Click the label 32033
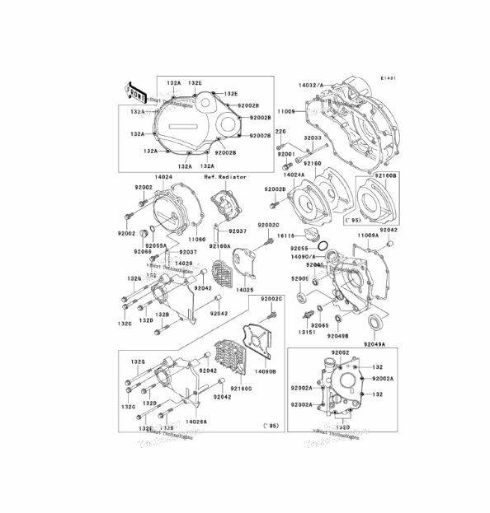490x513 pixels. pyautogui.click(x=313, y=138)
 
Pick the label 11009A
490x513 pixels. pyautogui.click(x=367, y=236)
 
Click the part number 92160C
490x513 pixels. pyautogui.click(x=241, y=389)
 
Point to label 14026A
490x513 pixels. pyautogui.click(x=196, y=420)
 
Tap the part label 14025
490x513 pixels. pyautogui.click(x=245, y=291)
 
